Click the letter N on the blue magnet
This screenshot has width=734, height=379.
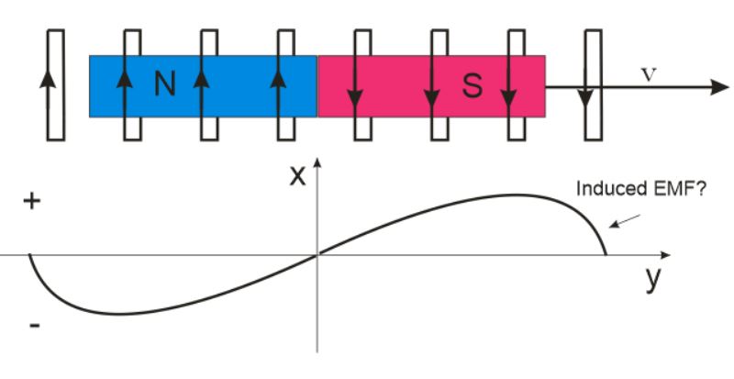[165, 85]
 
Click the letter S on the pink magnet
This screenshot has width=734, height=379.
[473, 86]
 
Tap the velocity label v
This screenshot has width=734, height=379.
[649, 74]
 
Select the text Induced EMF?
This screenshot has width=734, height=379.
[640, 189]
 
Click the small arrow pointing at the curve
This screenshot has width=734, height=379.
[625, 221]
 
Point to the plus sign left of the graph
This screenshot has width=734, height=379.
[32, 202]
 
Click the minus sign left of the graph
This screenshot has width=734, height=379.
[35, 325]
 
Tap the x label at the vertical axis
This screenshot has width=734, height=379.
[297, 176]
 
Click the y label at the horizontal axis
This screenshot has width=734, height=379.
[653, 279]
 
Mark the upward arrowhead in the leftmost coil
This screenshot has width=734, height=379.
[48, 79]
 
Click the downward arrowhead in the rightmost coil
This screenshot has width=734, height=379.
[585, 98]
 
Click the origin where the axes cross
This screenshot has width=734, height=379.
[317, 255]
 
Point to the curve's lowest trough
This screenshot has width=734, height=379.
[117, 314]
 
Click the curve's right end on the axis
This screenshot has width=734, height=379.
[606, 254]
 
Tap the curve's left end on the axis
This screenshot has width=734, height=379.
[30, 255]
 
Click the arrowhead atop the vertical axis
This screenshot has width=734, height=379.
[317, 162]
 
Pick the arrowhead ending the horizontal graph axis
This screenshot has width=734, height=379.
[666, 255]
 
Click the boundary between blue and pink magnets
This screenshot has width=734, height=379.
[317, 86]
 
